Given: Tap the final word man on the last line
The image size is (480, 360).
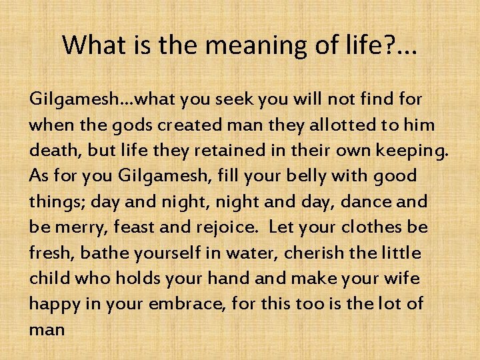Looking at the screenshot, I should [x=47, y=330].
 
